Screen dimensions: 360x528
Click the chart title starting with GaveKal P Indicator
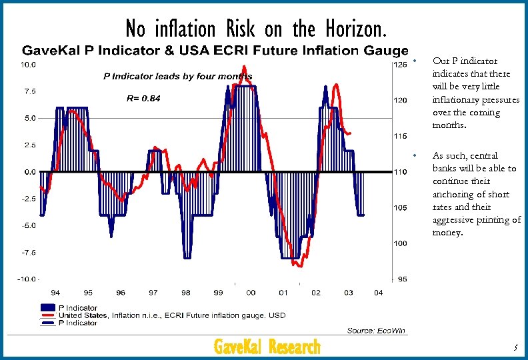pyautogui.click(x=215, y=51)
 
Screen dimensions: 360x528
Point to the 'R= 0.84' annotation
pyautogui.click(x=143, y=98)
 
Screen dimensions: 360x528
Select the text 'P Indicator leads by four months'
pyautogui.click(x=177, y=76)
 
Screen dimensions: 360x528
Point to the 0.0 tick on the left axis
pyautogui.click(x=30, y=172)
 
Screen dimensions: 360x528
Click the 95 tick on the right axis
pyautogui.click(x=401, y=279)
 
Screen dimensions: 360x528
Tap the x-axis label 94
pyautogui.click(x=55, y=293)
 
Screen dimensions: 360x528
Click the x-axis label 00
pyautogui.click(x=251, y=293)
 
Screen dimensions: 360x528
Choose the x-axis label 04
pyautogui.click(x=379, y=293)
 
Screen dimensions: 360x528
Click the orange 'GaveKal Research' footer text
pyautogui.click(x=267, y=347)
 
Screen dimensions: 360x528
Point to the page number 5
pyautogui.click(x=515, y=347)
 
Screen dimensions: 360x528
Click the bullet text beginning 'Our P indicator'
pyautogui.click(x=475, y=93)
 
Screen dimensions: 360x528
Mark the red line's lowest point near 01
pyautogui.click(x=299, y=266)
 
